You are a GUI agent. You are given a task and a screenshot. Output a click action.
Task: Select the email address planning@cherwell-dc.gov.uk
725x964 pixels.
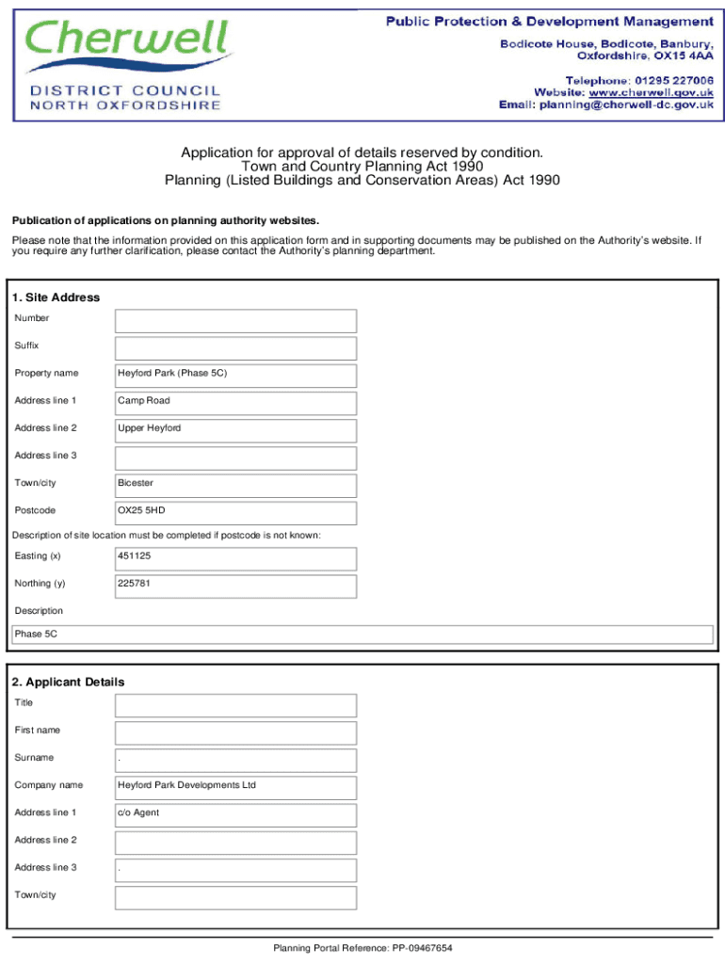coord(625,105)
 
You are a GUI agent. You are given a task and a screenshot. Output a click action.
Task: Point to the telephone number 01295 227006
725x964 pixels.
coord(671,80)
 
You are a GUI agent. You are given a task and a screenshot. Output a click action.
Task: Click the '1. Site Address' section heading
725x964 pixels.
coord(56,297)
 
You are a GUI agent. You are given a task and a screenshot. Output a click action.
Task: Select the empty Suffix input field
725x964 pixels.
coord(235,348)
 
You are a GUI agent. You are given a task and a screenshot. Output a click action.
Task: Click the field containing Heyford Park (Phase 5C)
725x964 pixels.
coord(235,376)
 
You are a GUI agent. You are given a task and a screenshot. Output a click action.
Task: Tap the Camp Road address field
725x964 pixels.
coord(235,403)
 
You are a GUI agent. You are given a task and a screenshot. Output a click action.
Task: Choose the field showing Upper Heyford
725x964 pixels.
coord(235,430)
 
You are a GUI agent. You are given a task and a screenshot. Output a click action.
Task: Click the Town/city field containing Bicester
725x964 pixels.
coord(235,486)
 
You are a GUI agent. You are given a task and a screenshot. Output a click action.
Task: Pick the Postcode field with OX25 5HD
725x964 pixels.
coord(235,513)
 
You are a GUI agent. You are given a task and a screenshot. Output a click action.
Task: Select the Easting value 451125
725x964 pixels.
coord(235,558)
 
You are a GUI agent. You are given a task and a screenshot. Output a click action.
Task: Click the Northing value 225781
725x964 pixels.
coord(235,586)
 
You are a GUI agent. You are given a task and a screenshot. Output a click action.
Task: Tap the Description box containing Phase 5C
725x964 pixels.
coord(362,635)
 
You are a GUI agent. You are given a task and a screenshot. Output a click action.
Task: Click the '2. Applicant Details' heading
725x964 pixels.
coord(70,682)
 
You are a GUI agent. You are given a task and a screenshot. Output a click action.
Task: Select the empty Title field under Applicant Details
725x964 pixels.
coord(235,705)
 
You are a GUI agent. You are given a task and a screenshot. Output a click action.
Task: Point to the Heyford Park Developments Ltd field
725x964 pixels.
coord(235,787)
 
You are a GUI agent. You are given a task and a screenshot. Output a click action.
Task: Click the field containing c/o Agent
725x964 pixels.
coord(235,814)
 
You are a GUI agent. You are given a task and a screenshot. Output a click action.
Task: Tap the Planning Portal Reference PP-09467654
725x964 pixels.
coord(362,948)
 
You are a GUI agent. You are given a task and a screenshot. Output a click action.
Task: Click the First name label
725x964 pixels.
coord(38,731)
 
